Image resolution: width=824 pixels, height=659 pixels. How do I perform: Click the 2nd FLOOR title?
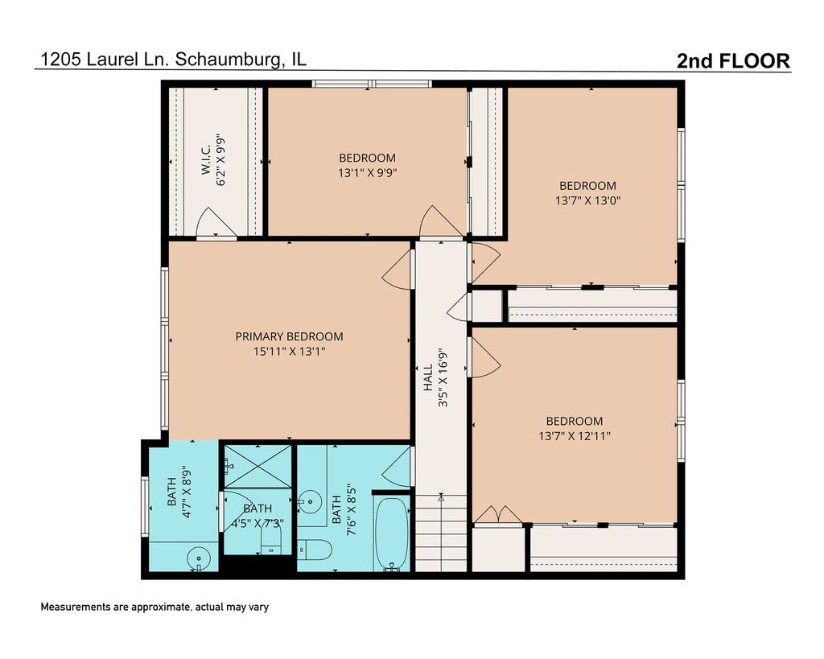733,61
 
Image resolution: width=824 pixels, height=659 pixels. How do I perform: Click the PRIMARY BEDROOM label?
289,336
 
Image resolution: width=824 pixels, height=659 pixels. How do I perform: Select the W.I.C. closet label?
205,160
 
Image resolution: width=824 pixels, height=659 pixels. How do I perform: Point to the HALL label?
428,377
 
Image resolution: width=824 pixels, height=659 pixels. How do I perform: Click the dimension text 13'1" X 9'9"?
367,172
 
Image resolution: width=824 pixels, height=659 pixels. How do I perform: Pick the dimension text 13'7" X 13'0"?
588,200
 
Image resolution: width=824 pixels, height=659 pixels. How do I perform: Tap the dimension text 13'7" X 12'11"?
575,435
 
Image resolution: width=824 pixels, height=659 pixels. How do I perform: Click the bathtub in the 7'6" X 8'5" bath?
392,533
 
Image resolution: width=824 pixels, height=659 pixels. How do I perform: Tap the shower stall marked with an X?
258,467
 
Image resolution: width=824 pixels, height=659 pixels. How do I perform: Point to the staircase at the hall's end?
442,533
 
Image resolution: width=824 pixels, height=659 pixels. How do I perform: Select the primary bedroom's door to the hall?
398,269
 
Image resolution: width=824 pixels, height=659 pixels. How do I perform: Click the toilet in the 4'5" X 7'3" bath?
271,540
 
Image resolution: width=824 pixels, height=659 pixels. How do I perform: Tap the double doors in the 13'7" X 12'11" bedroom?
497,514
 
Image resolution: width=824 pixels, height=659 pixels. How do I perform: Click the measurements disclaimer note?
154,607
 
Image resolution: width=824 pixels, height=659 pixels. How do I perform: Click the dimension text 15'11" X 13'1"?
290,351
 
